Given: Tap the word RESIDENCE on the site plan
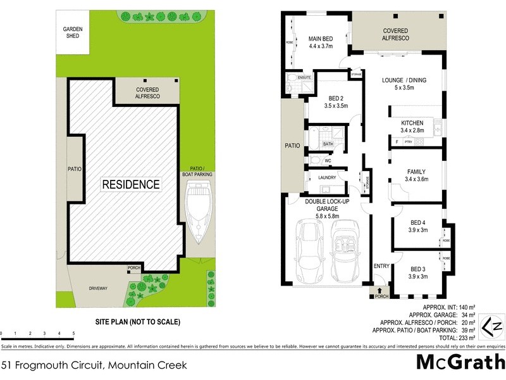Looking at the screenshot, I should tap(132, 185).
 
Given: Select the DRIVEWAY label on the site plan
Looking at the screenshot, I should tap(98, 289).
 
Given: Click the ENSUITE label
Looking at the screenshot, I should tap(304, 77).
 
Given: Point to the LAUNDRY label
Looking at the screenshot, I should tap(327, 177).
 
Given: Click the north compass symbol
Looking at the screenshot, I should tap(491, 327).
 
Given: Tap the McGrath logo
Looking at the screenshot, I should tap(460, 362).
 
